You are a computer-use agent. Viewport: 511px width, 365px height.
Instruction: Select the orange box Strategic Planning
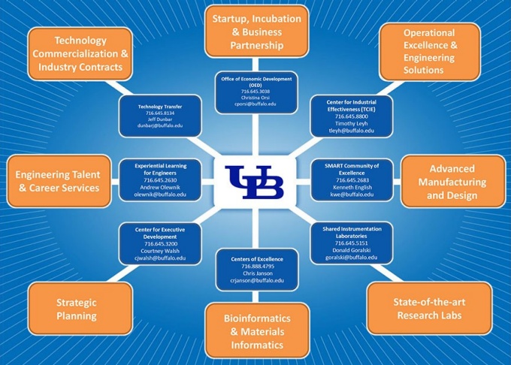click(x=76, y=309)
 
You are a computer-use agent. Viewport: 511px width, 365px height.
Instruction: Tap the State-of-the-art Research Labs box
click(x=430, y=309)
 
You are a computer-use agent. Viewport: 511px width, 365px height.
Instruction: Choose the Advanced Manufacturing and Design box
click(x=442, y=182)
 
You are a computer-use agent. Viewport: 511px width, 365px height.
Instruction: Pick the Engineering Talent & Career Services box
click(x=58, y=181)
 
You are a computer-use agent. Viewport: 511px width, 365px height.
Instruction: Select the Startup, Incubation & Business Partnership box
click(x=257, y=32)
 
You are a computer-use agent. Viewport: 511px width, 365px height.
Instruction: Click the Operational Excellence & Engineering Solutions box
click(x=429, y=51)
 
